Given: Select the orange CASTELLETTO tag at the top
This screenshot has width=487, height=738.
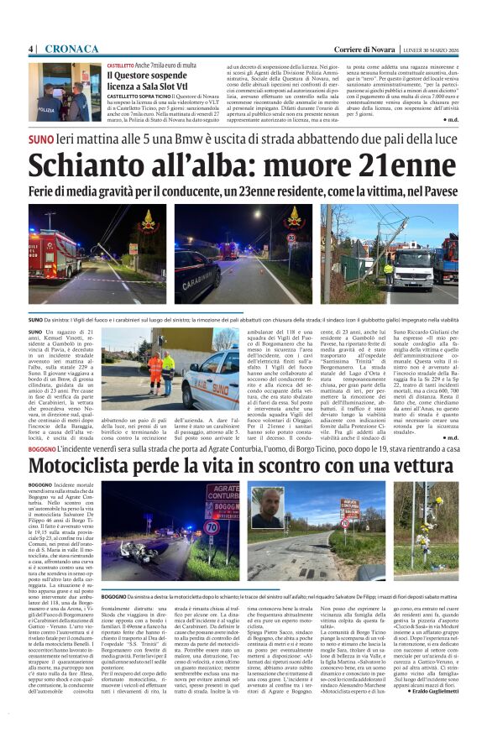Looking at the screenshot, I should pos(121,65).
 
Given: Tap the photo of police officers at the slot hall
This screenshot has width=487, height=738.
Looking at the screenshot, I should pos(65,92).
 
